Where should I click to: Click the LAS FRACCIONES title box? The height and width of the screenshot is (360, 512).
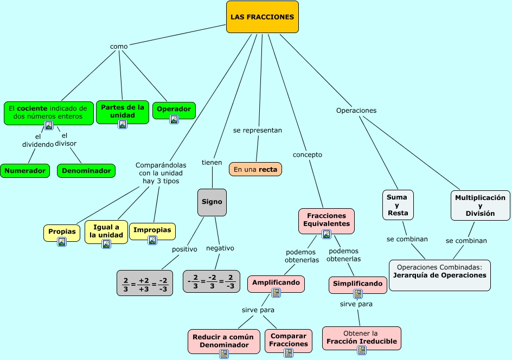click(x=262, y=17)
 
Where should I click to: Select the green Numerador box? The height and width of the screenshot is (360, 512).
click(x=25, y=171)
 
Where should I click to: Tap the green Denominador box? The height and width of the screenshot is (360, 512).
click(x=86, y=171)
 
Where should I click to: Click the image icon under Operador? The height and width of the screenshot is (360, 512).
click(x=174, y=119)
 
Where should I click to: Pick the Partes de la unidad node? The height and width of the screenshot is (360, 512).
click(x=123, y=111)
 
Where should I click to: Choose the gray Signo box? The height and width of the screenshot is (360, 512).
click(x=212, y=202)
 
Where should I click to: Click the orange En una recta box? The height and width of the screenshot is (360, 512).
click(x=255, y=169)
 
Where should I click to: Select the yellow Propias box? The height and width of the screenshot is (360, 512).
click(x=62, y=232)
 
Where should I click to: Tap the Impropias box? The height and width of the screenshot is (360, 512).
click(x=152, y=230)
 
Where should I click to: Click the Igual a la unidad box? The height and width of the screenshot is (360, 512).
click(x=106, y=232)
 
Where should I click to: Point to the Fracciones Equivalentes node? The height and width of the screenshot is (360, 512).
click(x=327, y=220)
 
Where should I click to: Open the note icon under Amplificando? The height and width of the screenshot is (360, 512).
click(x=276, y=293)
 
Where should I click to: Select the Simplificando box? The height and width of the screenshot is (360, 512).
click(x=358, y=284)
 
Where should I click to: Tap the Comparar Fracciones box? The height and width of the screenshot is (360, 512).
click(x=289, y=340)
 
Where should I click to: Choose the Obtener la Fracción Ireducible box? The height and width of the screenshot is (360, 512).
click(x=362, y=338)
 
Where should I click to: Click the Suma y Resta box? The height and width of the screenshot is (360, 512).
click(x=398, y=205)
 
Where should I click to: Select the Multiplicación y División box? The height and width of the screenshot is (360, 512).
click(x=480, y=205)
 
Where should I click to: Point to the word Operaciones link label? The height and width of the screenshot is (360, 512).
click(x=356, y=111)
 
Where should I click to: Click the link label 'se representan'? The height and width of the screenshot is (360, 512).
click(x=258, y=131)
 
